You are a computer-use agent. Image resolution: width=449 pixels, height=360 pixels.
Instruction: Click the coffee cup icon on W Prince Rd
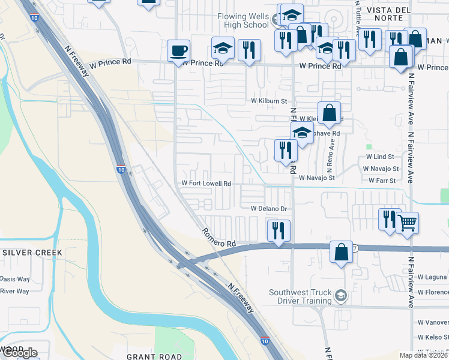[x=178, y=51]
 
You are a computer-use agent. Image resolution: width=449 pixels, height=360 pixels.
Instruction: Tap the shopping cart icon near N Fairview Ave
[x=408, y=223]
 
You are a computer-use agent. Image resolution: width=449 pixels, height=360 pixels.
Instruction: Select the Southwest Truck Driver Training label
[x=300, y=296]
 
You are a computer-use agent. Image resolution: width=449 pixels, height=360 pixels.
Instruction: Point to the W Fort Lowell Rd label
[x=206, y=184]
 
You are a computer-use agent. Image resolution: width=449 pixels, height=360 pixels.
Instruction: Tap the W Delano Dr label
[x=270, y=209]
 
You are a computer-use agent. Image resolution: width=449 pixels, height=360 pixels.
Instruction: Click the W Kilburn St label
[x=269, y=101]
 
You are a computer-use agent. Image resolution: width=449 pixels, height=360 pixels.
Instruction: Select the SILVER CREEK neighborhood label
[x=32, y=253]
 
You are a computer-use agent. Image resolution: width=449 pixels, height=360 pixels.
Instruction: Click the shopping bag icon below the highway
[x=341, y=253]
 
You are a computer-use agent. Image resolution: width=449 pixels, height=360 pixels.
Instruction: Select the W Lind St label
[x=380, y=157]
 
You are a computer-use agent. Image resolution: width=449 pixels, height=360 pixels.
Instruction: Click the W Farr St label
[x=382, y=180]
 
